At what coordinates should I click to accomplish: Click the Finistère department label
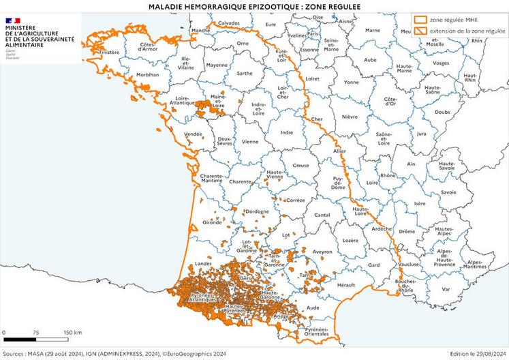pos(109,52)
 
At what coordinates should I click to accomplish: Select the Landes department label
pos(204,262)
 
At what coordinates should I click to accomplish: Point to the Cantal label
pos(322,215)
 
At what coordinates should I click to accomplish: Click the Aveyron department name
pos(322,252)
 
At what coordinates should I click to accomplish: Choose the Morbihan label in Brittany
pos(147,74)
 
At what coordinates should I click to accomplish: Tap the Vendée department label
pos(194,134)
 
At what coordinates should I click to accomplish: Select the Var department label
pos(445,288)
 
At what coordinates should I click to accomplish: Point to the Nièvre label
pos(350,117)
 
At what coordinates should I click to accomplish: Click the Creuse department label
pos(300,166)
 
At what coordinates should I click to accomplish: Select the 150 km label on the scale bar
pos(73,332)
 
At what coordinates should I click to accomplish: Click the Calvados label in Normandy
pos(229,22)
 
